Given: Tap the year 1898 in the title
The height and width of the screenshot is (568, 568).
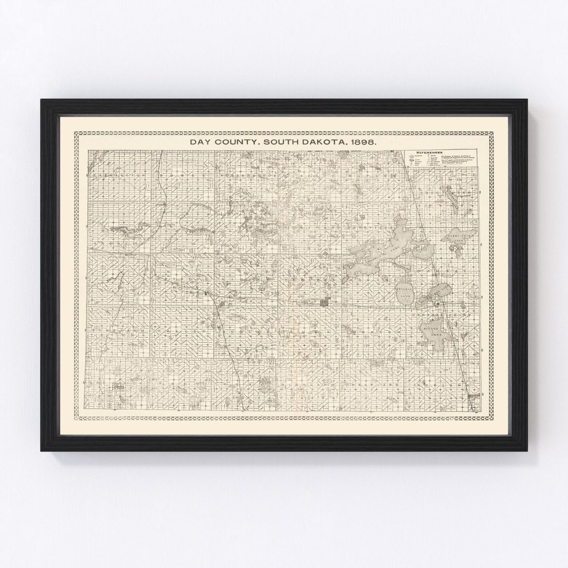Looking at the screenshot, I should (x=361, y=142).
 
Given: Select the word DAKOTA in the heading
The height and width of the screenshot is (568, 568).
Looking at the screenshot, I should (x=324, y=142).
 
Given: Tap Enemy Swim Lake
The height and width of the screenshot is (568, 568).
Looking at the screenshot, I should (x=461, y=236).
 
